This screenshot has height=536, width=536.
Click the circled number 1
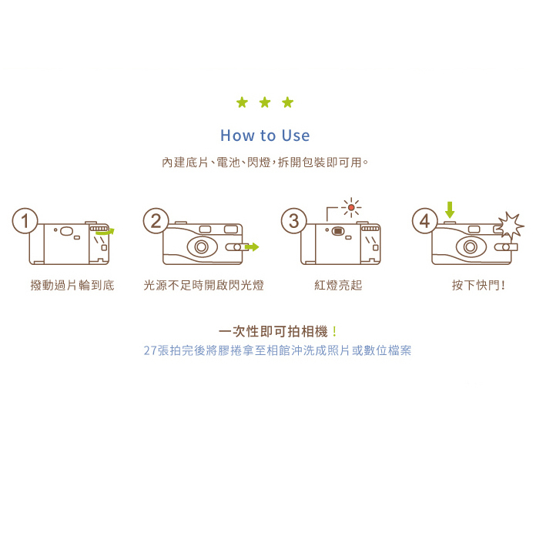(x=25, y=221)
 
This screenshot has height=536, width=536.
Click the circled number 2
(x=156, y=221)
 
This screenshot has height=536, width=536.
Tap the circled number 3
(x=293, y=221)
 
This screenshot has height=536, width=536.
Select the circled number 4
(x=424, y=221)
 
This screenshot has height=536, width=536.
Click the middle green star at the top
(x=265, y=102)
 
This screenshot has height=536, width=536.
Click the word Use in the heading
(x=295, y=136)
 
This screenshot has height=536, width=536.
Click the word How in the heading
(x=237, y=136)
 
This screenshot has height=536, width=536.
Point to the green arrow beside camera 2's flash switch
(x=252, y=247)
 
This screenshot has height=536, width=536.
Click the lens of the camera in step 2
(x=202, y=247)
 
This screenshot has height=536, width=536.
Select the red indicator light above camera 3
(x=350, y=207)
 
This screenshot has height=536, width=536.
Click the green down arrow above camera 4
(x=450, y=209)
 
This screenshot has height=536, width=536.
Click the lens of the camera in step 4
(x=471, y=247)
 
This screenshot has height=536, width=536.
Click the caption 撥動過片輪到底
(x=72, y=286)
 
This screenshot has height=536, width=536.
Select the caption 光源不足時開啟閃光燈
(x=204, y=286)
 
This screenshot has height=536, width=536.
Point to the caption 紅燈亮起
(x=338, y=286)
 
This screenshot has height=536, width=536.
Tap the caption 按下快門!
(x=478, y=286)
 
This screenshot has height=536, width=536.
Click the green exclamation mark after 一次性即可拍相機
(x=334, y=332)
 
